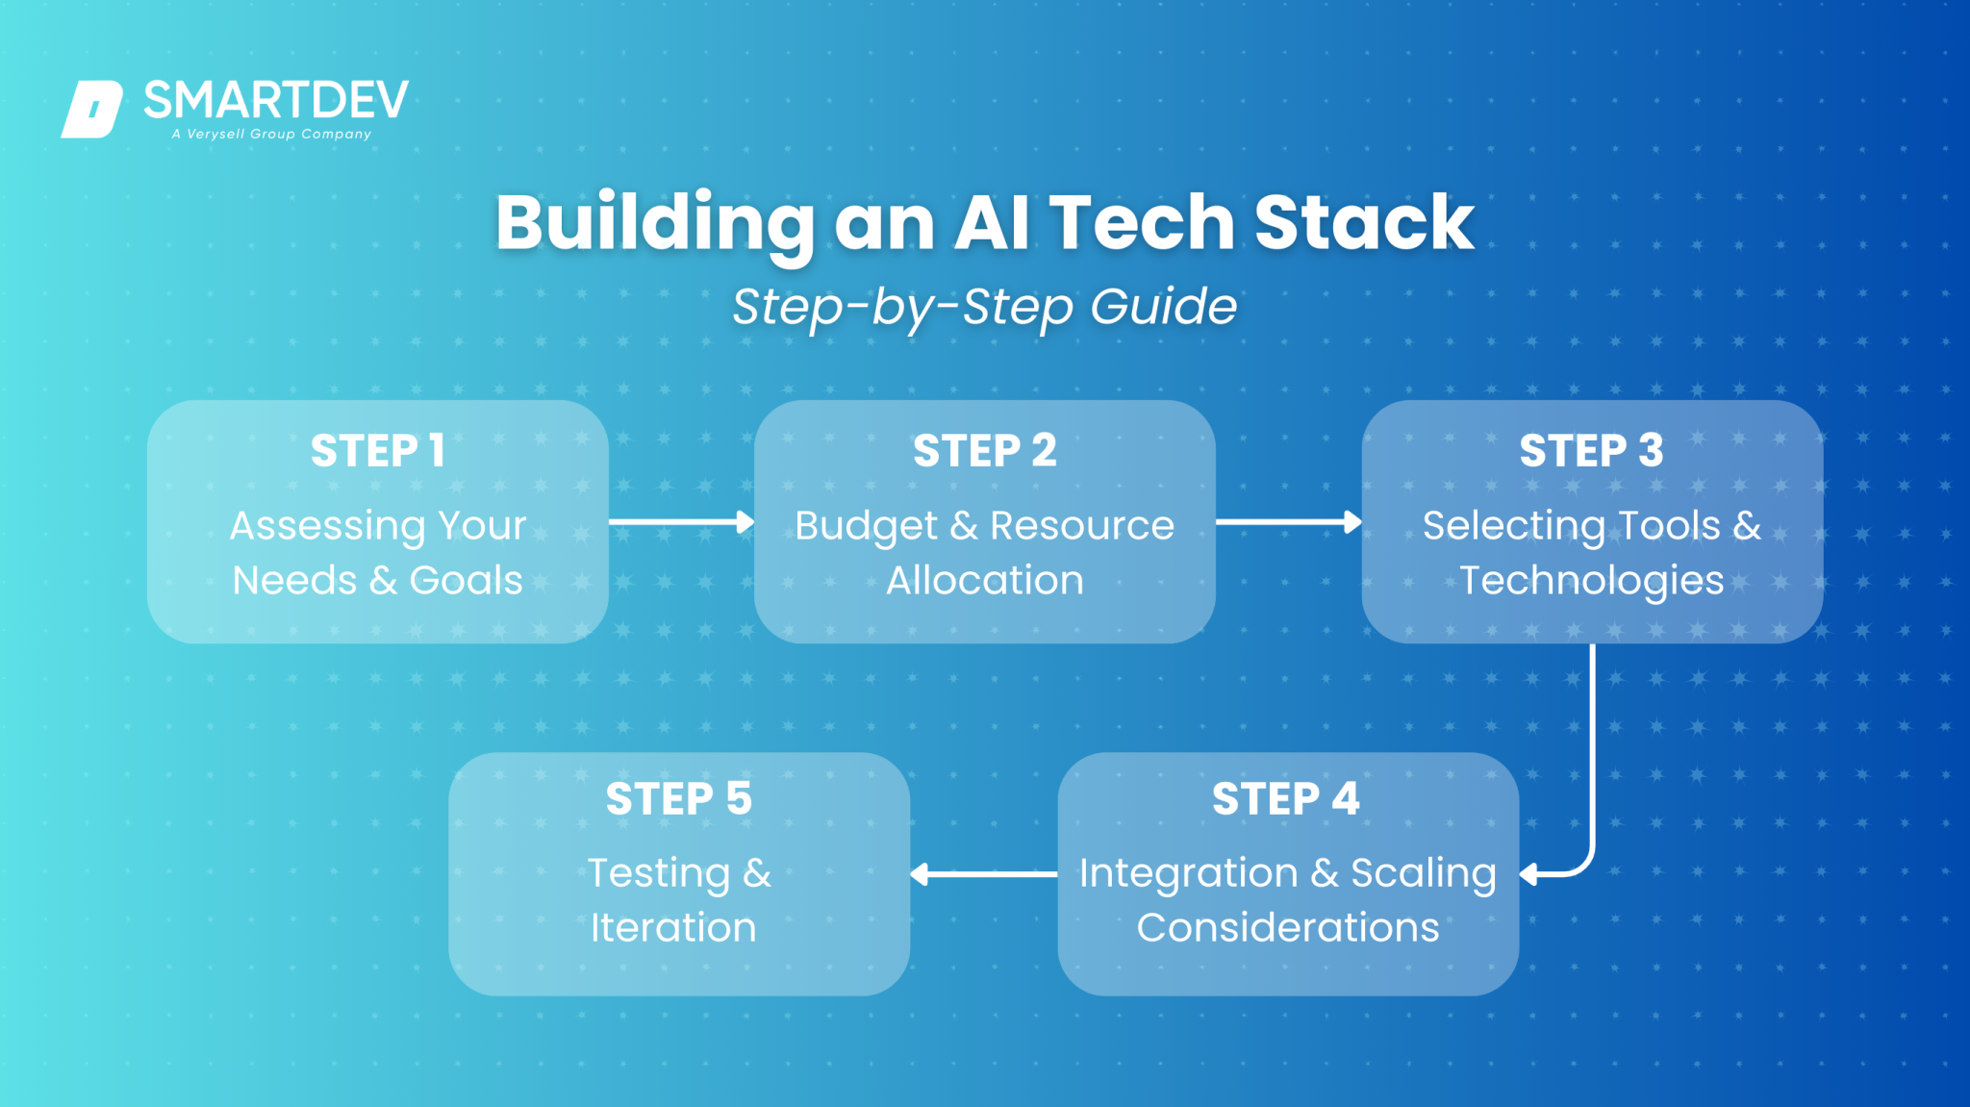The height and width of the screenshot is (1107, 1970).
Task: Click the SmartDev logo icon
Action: pos(92,109)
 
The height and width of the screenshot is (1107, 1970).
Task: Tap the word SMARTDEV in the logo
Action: pos(276,100)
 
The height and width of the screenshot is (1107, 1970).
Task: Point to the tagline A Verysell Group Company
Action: pos(271,135)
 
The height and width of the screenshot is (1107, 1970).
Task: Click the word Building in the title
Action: pos(655,223)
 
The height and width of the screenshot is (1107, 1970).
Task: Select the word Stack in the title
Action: pos(1363,223)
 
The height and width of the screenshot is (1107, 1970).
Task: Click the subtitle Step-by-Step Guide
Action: pos(984,307)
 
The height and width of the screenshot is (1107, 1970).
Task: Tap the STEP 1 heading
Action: pos(377,451)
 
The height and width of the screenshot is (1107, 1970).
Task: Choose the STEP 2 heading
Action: pos(984,451)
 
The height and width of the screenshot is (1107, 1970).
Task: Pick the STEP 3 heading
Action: pos(1591,451)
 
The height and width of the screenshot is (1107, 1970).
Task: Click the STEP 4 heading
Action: pos(1285,799)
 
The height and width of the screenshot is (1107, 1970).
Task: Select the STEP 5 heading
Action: pos(678,799)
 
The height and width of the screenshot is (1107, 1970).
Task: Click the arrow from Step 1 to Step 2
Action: pos(681,522)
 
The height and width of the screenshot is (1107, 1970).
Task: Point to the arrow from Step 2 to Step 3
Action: pos(1288,522)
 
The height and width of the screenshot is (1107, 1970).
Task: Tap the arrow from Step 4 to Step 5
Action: pos(983,873)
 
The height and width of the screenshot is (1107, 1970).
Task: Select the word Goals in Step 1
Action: pos(466,581)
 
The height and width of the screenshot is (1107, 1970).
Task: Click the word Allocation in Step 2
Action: pos(984,581)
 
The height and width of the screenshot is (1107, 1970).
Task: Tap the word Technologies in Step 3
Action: pos(1591,581)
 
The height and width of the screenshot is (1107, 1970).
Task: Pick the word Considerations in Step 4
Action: pos(1287,928)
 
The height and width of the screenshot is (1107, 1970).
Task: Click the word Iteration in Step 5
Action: pos(673,928)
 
